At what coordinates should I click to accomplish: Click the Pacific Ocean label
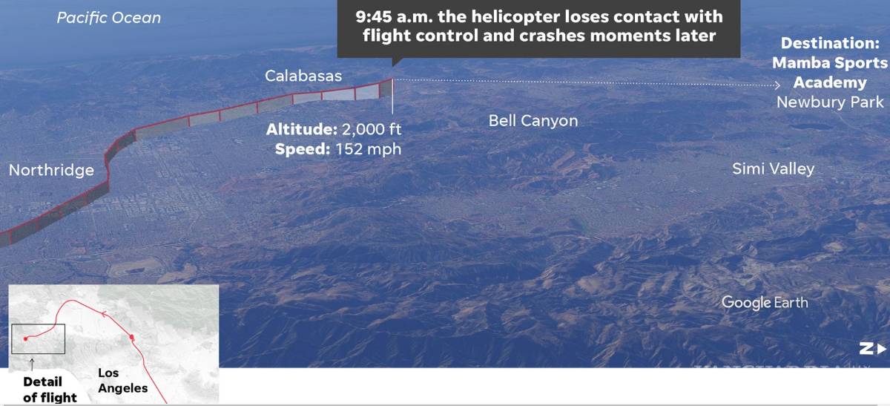109,18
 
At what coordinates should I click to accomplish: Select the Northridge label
51,170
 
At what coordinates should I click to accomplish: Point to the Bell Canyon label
533,120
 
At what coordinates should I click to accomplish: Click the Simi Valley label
773,168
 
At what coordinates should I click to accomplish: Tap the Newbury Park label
830,102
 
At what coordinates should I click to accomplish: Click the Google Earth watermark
765,302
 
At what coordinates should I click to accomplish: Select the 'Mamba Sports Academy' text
830,73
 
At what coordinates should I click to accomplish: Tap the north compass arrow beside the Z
880,348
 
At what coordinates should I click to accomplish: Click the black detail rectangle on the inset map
38,338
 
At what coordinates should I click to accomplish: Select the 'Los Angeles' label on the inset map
122,381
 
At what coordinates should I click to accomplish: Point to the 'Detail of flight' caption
49,390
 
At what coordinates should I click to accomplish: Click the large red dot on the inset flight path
131,338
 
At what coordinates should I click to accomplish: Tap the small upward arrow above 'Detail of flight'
32,363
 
